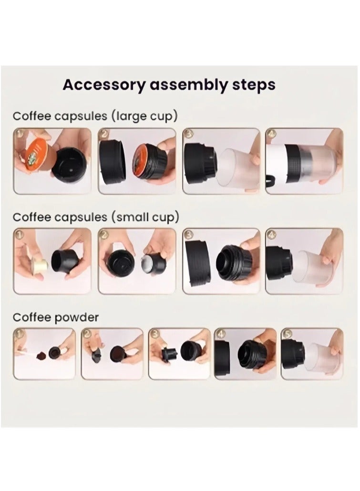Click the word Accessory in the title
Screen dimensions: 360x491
104,85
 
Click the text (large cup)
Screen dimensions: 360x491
144,116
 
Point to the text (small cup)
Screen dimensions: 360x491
145,217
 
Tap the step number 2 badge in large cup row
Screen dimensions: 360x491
104,134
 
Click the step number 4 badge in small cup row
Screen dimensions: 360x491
271,235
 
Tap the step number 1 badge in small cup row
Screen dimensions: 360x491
20,235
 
